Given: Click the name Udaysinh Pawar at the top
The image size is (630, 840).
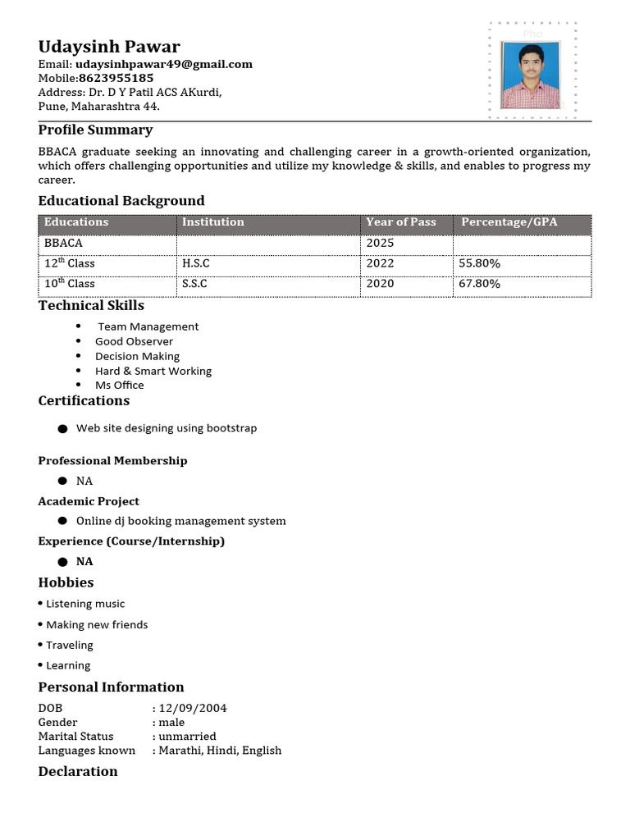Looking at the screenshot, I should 109,46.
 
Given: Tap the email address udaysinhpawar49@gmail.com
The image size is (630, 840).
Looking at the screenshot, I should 164,64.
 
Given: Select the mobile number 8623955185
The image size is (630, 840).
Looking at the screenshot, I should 116,78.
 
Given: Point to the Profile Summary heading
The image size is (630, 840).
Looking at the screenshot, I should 95,130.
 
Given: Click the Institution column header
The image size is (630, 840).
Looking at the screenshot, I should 213,222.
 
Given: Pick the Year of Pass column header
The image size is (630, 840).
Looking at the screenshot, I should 401,222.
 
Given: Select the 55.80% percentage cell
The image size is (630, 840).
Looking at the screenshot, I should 480,263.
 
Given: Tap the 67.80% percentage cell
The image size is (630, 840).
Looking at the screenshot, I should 480,284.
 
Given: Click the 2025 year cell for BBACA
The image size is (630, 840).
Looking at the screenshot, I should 381,243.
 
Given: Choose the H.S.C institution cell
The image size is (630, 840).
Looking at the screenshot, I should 196,263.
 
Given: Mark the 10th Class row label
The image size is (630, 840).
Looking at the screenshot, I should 70,284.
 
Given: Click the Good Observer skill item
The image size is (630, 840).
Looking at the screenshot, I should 134,341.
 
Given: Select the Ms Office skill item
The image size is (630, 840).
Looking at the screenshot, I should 119,385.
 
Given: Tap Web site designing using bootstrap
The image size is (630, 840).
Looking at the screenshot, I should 167,428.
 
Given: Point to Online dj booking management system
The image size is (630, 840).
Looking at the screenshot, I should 180,521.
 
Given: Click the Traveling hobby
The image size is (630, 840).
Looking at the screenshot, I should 70,646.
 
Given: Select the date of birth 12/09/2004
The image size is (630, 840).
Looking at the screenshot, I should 193,708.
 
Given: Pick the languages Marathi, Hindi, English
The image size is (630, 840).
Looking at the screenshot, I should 220,751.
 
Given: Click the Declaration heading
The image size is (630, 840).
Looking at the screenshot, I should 78,771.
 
